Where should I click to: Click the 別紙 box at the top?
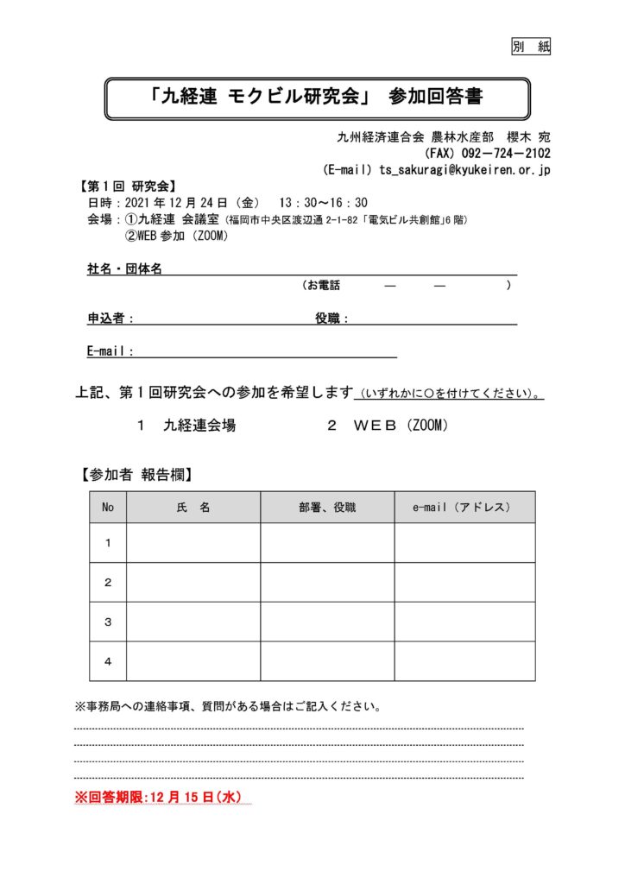pos(531,47)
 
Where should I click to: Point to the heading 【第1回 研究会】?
pos(129,186)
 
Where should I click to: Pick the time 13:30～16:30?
pos(323,202)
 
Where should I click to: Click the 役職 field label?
pos(331,319)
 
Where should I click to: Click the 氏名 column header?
pos(193,508)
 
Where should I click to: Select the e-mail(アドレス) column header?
pos(464,508)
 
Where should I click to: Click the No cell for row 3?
pos(108,622)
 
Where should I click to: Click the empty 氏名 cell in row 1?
pos(193,543)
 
